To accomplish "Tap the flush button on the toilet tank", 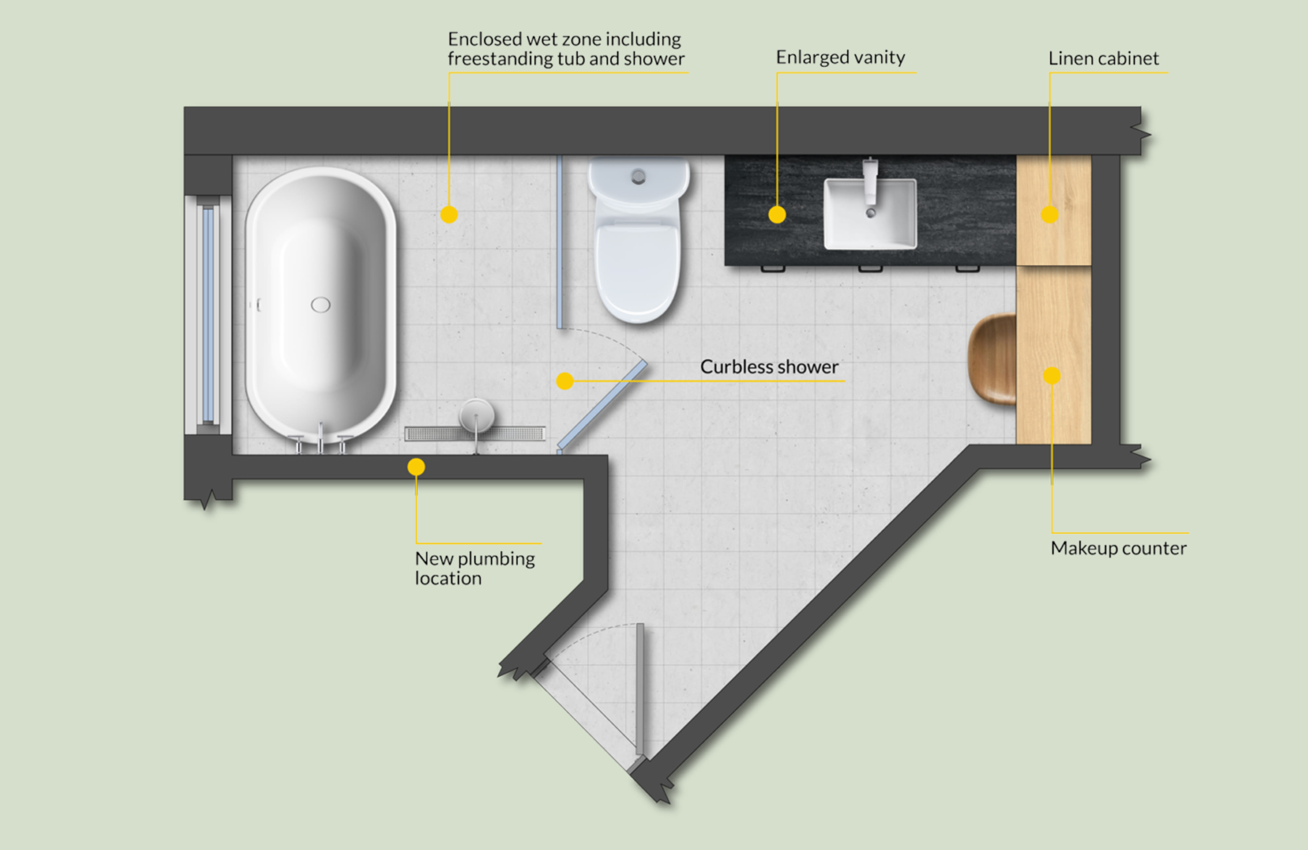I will pos(638,176).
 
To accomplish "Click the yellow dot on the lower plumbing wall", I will pos(416,467).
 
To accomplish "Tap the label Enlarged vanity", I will pos(840,57).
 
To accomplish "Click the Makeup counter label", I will pos(1118,548).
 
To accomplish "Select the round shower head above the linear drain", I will pos(476,415).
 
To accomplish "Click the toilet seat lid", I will pos(638,269).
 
